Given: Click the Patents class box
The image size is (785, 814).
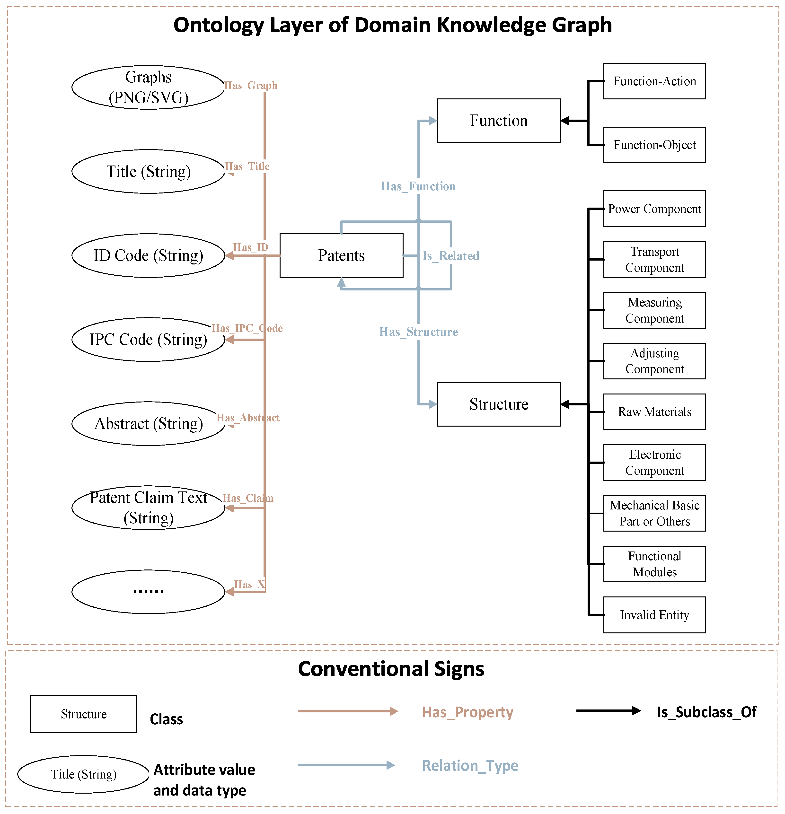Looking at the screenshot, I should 341,255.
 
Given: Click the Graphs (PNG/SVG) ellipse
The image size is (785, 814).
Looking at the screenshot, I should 148,87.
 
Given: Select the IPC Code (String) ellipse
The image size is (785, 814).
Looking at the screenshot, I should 148,339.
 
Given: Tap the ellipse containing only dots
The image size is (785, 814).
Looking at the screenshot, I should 148,591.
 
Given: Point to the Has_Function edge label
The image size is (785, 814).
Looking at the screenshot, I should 418,186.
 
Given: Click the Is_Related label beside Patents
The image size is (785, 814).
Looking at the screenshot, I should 451,256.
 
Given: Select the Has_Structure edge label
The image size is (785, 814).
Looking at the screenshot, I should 418,332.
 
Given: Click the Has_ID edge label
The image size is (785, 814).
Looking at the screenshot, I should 250,247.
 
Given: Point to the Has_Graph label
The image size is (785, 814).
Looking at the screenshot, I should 250,86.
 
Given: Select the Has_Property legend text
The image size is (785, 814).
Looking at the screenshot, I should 468,712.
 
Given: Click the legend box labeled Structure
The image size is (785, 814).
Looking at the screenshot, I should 83,714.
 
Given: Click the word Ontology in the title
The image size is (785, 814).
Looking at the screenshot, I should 218,25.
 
